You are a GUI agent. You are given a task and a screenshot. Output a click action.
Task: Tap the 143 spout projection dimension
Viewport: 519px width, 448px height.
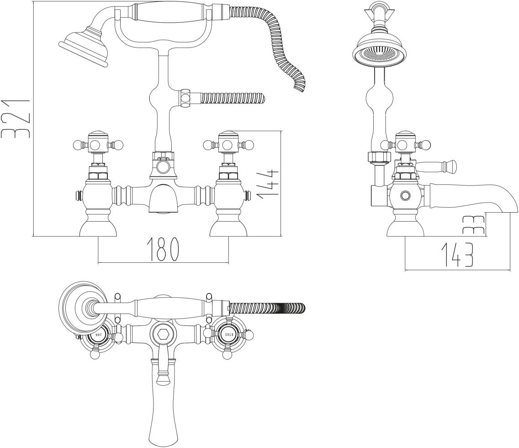click(457, 255)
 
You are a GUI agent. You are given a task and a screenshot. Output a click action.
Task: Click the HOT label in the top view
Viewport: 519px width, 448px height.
click(99, 335)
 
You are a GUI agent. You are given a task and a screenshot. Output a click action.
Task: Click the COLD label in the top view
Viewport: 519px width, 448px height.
click(229, 335)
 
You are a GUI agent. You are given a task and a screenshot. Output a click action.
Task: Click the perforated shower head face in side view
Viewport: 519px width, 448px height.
click(379, 54)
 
